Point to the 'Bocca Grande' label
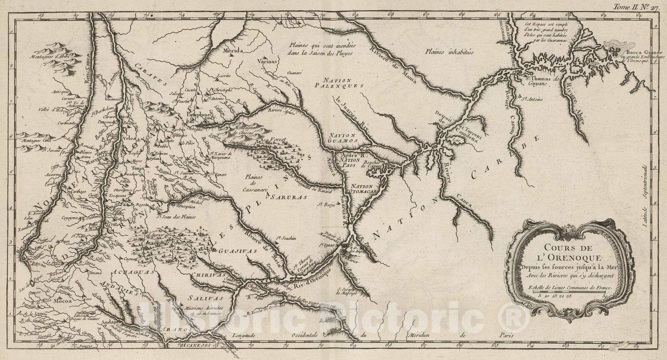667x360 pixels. click(636, 53)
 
